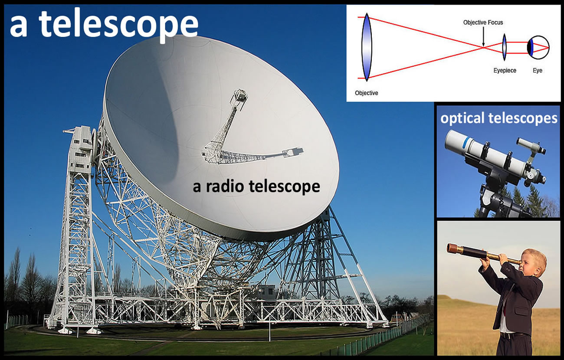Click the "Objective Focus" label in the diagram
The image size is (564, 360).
(483, 23)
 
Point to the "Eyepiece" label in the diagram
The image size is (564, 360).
(505, 71)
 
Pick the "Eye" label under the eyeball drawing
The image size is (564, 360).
(537, 70)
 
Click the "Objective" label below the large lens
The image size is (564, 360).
(366, 93)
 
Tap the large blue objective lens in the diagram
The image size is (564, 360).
(367, 47)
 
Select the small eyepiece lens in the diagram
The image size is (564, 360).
(504, 47)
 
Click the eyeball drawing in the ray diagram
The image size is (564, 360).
(538, 47)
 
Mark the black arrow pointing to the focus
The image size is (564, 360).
(483, 36)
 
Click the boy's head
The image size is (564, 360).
(534, 263)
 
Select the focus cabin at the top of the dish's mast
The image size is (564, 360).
(239, 96)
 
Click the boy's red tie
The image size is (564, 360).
(505, 312)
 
